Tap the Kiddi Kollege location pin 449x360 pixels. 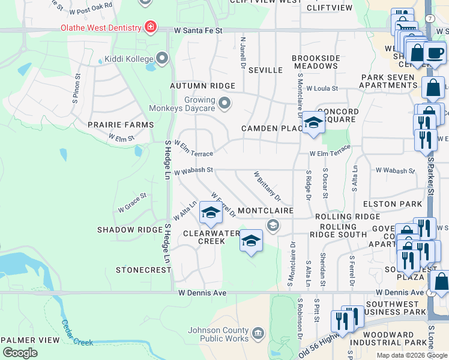point(162,58)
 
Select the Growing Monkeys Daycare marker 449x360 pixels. point(224,104)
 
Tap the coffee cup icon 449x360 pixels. point(435,53)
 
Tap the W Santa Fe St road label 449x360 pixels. point(199,30)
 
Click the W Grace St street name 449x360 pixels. point(132,203)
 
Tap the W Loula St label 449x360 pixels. point(322,88)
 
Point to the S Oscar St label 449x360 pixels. point(325,183)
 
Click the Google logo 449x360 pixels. point(20,353)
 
